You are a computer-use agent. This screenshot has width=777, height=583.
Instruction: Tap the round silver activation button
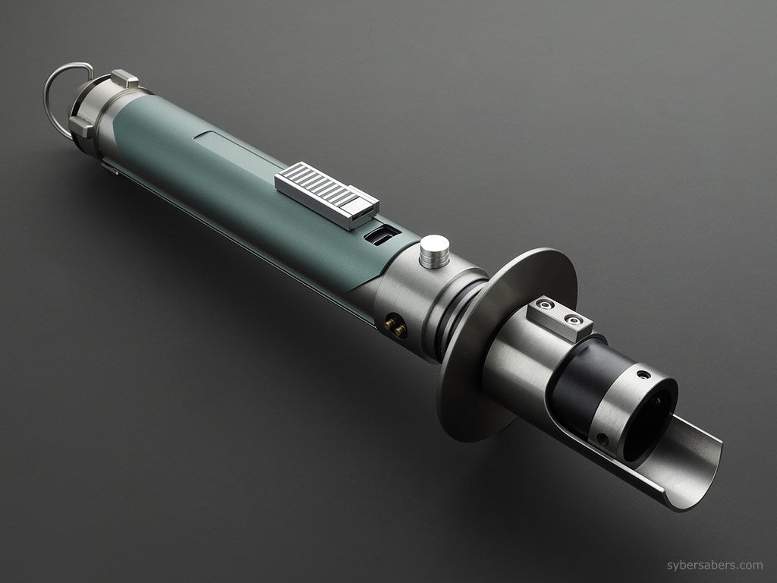tap(434, 250)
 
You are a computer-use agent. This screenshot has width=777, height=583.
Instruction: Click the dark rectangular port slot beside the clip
tap(377, 234)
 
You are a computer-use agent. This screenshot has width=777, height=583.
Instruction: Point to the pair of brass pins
tap(395, 325)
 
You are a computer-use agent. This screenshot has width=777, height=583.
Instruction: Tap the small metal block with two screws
tap(560, 317)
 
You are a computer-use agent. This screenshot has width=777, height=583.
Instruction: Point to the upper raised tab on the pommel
tap(124, 78)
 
